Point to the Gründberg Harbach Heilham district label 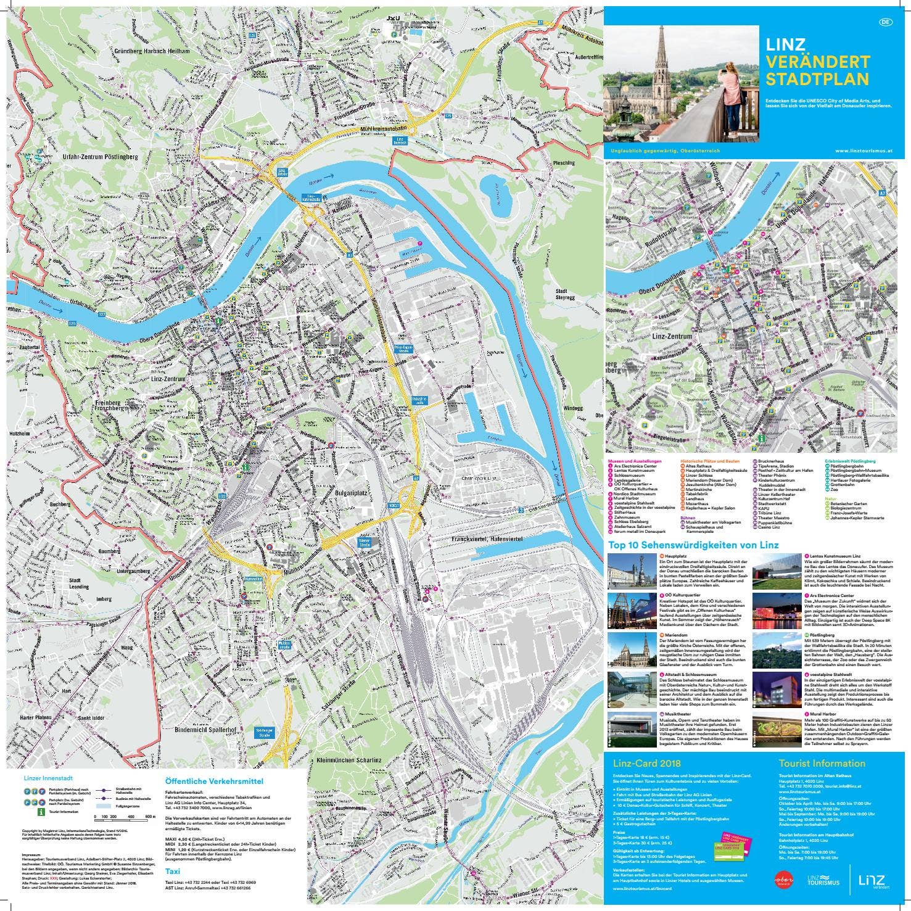pyautogui.click(x=152, y=52)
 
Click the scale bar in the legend pyautogui.click(x=125, y=818)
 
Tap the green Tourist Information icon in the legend pyautogui.click(x=41, y=812)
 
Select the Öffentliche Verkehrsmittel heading pyautogui.click(x=207, y=780)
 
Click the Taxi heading pyautogui.click(x=173, y=872)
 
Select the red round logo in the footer pyautogui.click(x=785, y=878)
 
